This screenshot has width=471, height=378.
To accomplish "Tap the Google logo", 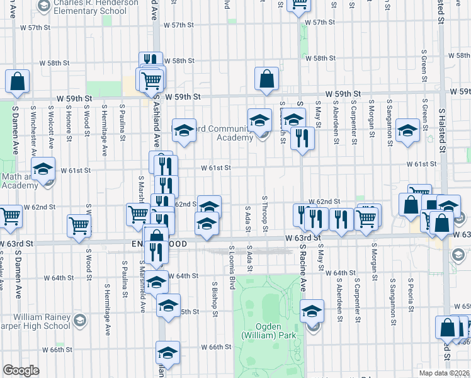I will pyautogui.click(x=21, y=370).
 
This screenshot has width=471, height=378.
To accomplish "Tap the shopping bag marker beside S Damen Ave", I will pyautogui.click(x=18, y=81).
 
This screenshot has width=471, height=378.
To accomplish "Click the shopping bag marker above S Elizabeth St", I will pyautogui.click(x=267, y=79).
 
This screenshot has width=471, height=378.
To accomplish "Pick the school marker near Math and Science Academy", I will pyautogui.click(x=43, y=170).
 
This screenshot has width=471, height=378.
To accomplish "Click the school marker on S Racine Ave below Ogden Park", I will pyautogui.click(x=312, y=312).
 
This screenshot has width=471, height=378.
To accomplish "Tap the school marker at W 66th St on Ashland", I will pyautogui.click(x=167, y=353).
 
